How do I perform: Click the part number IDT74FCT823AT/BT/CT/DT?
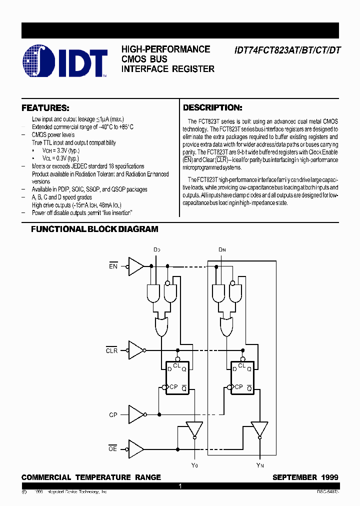pyautogui.click(x=286, y=50)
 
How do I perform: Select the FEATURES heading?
pyautogui.click(x=45, y=108)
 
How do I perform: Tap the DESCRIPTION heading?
pyautogui.click(x=212, y=107)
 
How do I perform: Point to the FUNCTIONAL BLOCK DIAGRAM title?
pyautogui.click(x=94, y=229)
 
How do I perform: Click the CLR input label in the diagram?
pyautogui.click(x=111, y=350)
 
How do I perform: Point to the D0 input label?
pyautogui.click(x=156, y=249)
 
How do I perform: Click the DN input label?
pyautogui.click(x=222, y=249)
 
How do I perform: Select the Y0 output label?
pyautogui.click(x=194, y=465)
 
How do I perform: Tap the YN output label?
pyautogui.click(x=259, y=465)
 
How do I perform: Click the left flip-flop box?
pyautogui.click(x=177, y=378)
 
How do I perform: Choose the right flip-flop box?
pyautogui.click(x=242, y=378)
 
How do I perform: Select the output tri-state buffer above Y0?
pyautogui.click(x=194, y=429)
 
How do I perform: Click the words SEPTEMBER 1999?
pyautogui.click(x=305, y=477)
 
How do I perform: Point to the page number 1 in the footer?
pyautogui.click(x=180, y=486)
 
